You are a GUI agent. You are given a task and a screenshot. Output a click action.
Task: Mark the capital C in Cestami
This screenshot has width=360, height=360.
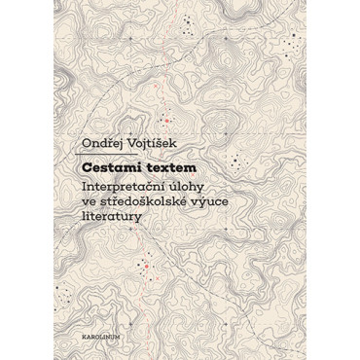click(x=87, y=168)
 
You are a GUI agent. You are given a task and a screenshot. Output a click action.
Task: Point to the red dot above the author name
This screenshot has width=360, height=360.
click(x=166, y=121)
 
